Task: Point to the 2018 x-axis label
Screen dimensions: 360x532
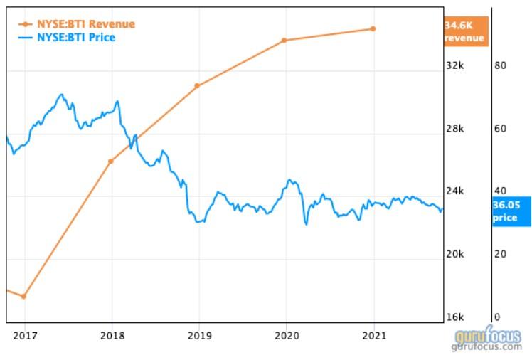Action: click(x=111, y=335)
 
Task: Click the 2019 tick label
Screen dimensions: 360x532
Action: click(x=198, y=335)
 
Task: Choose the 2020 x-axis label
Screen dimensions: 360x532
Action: click(x=285, y=335)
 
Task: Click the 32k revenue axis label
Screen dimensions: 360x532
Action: click(x=454, y=65)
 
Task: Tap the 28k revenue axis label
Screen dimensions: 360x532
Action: click(x=454, y=129)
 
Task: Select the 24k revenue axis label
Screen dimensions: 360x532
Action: click(x=454, y=191)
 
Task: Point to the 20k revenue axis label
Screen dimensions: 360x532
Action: click(x=454, y=254)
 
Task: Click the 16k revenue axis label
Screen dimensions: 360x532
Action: click(x=454, y=317)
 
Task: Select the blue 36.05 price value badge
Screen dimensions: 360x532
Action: click(x=511, y=211)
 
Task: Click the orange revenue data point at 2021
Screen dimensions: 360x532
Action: click(x=373, y=29)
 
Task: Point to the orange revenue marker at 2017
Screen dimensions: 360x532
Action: click(x=23, y=296)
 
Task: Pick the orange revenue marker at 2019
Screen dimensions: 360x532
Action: click(x=197, y=86)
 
